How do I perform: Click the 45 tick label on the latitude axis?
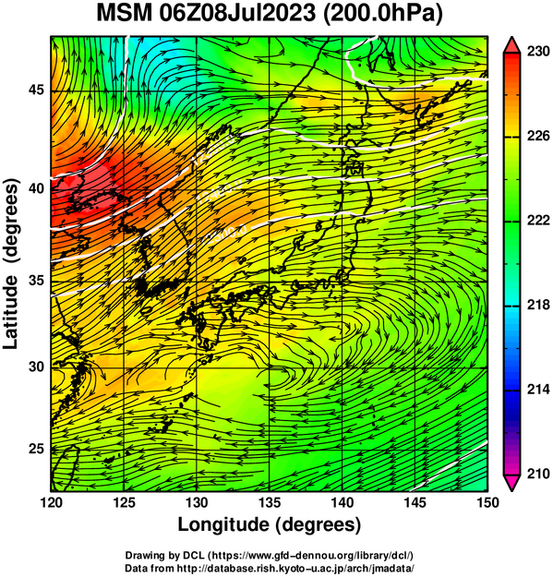click(x=36, y=90)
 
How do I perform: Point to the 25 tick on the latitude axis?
click(x=36, y=449)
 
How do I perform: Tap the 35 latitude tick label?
click(x=36, y=281)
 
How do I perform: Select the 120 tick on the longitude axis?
click(x=51, y=502)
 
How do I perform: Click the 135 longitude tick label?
click(x=270, y=502)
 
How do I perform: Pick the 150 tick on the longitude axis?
click(x=487, y=502)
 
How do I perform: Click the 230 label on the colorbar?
click(x=538, y=52)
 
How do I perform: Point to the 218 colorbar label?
click(x=538, y=305)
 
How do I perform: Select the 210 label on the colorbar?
click(x=538, y=474)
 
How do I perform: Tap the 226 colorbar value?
click(x=538, y=136)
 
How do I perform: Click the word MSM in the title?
click(x=125, y=13)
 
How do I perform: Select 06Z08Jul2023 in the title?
click(x=237, y=13)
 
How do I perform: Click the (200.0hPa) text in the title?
click(x=382, y=14)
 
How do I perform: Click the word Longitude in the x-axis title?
click(x=224, y=524)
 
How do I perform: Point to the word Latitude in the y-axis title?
click(x=10, y=312)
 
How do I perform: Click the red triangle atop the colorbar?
click(x=511, y=45)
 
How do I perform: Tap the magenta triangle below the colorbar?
click(x=511, y=483)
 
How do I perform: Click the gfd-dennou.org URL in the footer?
click(x=312, y=555)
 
